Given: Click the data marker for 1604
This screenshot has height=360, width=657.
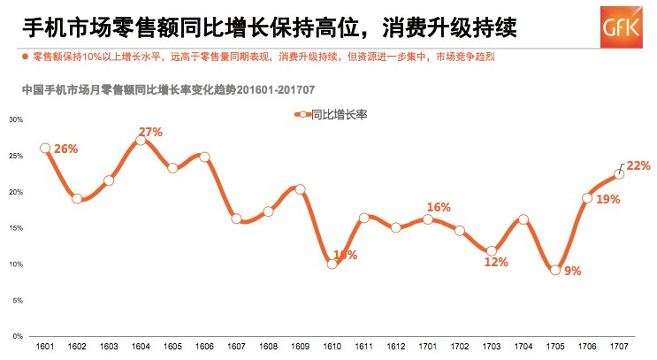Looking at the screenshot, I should pyautogui.click(x=141, y=141).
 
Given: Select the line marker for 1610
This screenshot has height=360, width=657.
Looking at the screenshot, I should pyautogui.click(x=332, y=264).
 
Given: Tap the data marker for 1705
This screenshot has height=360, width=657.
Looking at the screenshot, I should pyautogui.click(x=555, y=270).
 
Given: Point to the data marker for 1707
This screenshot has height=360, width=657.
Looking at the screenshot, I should pyautogui.click(x=619, y=174).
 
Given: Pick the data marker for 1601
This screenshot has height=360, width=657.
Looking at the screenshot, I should pyautogui.click(x=45, y=149).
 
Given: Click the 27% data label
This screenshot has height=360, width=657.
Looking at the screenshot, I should pyautogui.click(x=150, y=132).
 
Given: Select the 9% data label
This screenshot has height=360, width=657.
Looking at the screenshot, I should pyautogui.click(x=571, y=272).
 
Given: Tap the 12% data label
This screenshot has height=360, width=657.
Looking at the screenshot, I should pyautogui.click(x=496, y=262).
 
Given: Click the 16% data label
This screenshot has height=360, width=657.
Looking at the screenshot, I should pyautogui.click(x=439, y=207).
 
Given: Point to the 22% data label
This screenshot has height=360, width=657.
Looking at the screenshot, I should pyautogui.click(x=638, y=165).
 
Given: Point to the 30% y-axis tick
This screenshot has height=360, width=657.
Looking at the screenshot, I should pyautogui.click(x=16, y=119).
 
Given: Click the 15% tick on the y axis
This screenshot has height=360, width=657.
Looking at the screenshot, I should pyautogui.click(x=16, y=228).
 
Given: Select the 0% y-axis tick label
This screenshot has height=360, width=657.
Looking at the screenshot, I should pyautogui.click(x=18, y=337).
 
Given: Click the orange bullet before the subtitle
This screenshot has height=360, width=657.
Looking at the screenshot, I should pyautogui.click(x=25, y=57).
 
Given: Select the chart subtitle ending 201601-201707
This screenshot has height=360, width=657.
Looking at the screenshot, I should pyautogui.click(x=169, y=88).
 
